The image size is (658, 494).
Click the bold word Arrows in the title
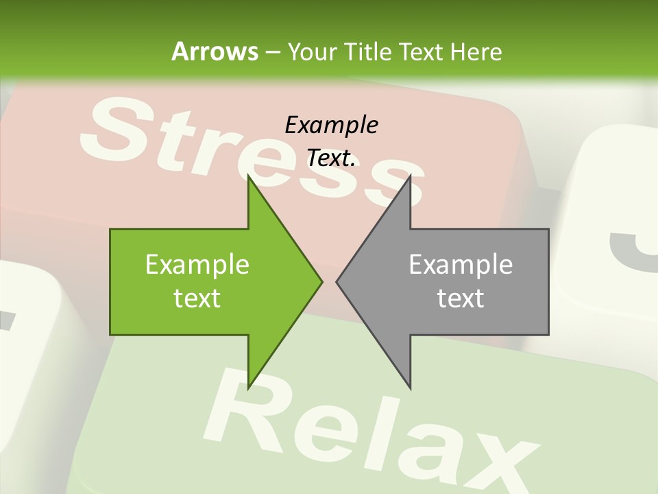pos(215,51)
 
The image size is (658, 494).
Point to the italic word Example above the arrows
pos(331,125)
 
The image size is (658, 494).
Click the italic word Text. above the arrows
pos(331,158)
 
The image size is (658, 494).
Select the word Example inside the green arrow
pos(197,264)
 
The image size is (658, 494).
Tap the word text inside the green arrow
pos(197,298)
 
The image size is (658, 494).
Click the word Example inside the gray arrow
pos(461,264)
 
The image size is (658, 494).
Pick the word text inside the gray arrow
pos(461,298)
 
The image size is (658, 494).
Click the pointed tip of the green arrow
pos(321,281)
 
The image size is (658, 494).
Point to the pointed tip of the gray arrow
pos(337,281)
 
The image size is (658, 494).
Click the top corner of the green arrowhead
pos(248,176)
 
